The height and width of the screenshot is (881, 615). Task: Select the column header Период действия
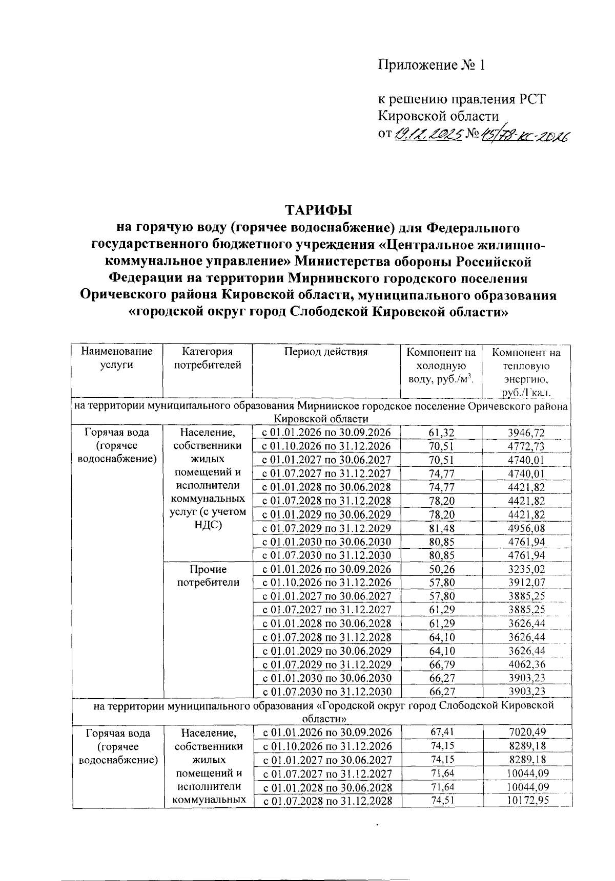(x=326, y=352)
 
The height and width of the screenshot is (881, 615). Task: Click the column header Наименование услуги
(x=117, y=358)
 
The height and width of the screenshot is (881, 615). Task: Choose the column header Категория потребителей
(x=207, y=358)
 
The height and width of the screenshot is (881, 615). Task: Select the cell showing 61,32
(x=441, y=433)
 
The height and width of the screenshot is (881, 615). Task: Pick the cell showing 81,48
(x=441, y=528)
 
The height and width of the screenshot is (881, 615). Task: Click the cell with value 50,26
(x=441, y=569)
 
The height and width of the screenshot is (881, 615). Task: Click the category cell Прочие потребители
(x=208, y=575)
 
